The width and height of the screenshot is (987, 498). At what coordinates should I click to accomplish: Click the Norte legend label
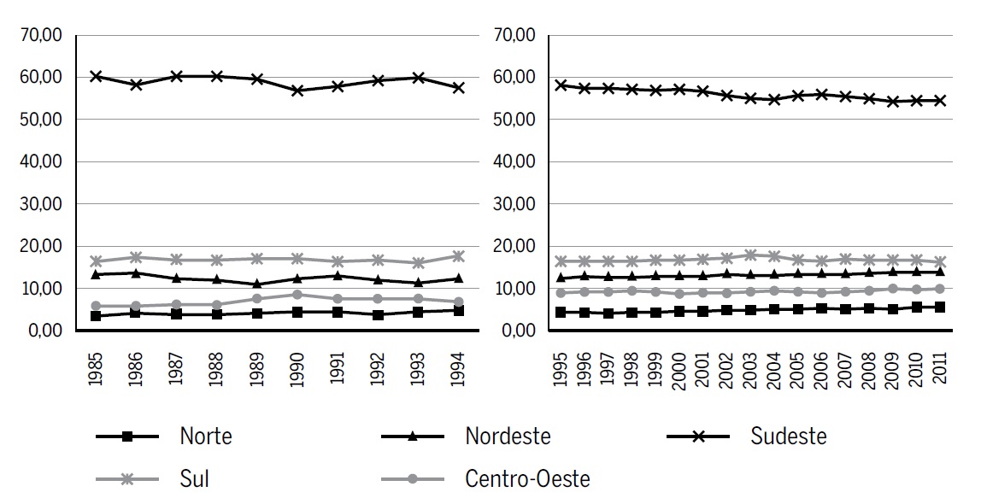pyautogui.click(x=205, y=436)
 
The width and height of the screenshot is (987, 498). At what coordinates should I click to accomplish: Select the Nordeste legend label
pyautogui.click(x=508, y=436)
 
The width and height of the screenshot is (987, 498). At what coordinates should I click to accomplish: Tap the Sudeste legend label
pyautogui.click(x=788, y=436)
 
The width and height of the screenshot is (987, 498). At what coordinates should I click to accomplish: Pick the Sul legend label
pyautogui.click(x=194, y=478)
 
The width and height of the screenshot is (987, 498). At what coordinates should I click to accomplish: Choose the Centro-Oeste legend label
pyautogui.click(x=526, y=478)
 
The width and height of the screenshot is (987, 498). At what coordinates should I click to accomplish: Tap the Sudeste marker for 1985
pyautogui.click(x=97, y=76)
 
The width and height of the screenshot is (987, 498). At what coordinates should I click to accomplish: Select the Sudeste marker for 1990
pyautogui.click(x=297, y=91)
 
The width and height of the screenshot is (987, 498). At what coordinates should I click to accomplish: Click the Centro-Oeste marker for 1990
pyautogui.click(x=297, y=295)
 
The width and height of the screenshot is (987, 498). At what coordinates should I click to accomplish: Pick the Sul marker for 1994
pyautogui.click(x=458, y=255)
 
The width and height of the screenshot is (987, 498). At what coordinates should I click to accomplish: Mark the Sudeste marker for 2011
pyautogui.click(x=941, y=100)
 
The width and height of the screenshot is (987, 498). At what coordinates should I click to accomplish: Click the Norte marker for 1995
pyautogui.click(x=561, y=313)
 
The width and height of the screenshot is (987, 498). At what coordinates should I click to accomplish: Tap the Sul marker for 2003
pyautogui.click(x=751, y=255)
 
